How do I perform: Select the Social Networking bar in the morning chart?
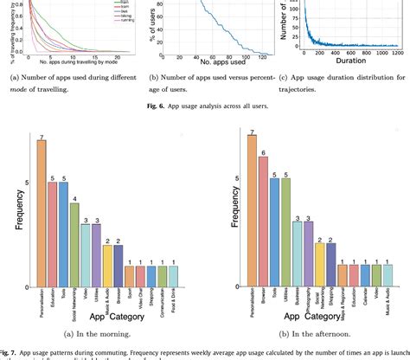click(74, 243)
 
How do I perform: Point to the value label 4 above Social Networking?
click(74, 197)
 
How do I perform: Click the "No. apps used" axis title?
click(210, 63)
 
